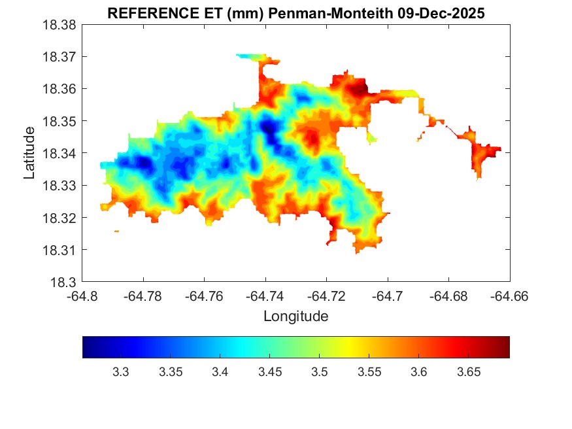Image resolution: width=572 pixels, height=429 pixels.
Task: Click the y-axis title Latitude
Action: point(29,153)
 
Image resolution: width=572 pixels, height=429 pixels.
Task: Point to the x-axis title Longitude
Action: point(295,317)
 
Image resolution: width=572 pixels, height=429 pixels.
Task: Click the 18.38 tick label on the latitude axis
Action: point(59,25)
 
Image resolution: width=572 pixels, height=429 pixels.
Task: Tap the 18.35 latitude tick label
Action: point(59,122)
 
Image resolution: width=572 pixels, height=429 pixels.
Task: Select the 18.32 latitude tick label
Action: point(59,218)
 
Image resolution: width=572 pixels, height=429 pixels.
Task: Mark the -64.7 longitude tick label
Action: point(388,296)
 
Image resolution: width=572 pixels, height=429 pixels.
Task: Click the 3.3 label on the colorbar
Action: point(120,372)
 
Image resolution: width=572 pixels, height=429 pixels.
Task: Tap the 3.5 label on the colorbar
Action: point(319,372)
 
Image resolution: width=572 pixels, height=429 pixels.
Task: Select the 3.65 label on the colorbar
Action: point(468,372)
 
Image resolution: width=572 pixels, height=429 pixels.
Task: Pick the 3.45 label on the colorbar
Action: point(269,372)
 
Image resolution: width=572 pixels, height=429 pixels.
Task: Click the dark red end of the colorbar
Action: point(505,347)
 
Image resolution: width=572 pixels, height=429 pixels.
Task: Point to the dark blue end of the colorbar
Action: point(87,347)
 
